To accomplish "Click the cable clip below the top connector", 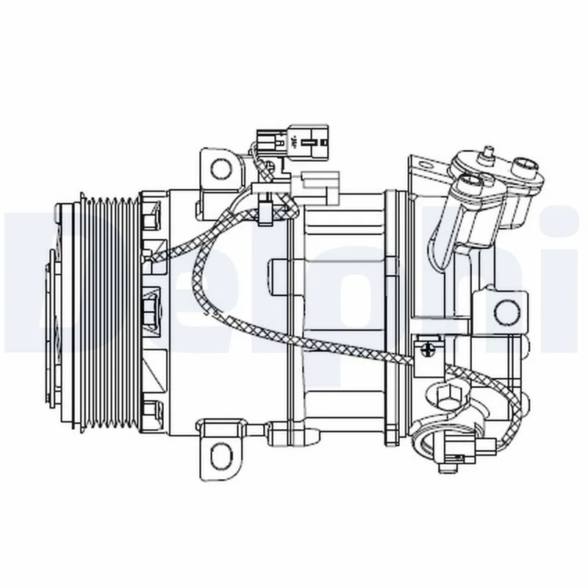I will [269, 209].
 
